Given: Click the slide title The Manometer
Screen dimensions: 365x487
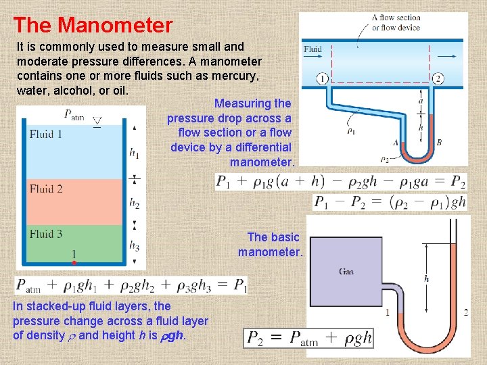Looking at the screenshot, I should coord(93,26).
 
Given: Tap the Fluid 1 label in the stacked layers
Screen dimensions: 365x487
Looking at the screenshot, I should coord(46,134).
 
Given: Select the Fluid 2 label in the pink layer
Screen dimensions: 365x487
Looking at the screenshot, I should coord(46,189).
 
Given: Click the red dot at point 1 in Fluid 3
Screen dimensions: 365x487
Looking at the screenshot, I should coord(74,262).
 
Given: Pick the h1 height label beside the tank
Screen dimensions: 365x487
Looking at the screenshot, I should coord(134,153).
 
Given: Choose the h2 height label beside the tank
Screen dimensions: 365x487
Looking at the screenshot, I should coord(134,202).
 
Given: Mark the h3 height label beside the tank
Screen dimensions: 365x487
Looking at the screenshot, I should coord(134,245).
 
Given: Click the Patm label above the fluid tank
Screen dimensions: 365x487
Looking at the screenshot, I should coord(74,115).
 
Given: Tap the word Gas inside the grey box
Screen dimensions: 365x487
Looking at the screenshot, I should coord(346,272).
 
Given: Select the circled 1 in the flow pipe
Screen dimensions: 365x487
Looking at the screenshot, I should coord(322,78).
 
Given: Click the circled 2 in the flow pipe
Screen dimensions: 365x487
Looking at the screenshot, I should coord(438,78).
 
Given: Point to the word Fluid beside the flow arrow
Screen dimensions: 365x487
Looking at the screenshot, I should coord(313,49).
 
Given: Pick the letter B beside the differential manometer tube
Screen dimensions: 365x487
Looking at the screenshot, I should coord(439,143).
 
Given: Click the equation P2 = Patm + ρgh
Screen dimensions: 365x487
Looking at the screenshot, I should coord(309,338).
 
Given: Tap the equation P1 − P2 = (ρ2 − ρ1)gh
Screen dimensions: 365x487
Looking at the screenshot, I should coord(390,201).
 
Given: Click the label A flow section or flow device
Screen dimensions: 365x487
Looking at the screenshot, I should coord(396,23).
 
